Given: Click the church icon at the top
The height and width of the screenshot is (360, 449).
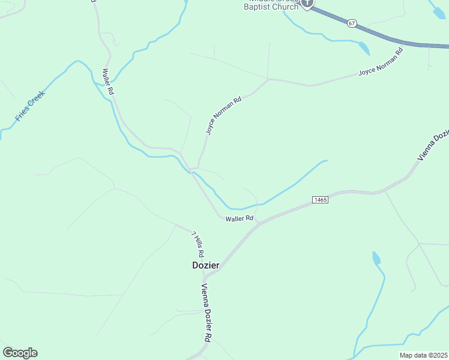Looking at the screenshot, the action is (x=307, y=4).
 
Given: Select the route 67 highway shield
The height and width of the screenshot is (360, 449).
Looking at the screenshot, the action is (x=352, y=23).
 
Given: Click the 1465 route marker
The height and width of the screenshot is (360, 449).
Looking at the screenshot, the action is (x=320, y=199).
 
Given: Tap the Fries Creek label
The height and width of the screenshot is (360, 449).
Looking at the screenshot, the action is (x=30, y=106).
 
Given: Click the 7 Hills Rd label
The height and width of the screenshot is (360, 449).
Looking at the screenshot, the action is (x=198, y=242).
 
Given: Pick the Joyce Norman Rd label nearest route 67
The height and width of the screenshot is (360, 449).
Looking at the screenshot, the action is (x=380, y=63).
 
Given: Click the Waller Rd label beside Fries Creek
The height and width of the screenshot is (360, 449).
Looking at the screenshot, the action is (x=108, y=82).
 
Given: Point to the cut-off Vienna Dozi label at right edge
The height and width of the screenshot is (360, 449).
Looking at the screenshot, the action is (x=433, y=144).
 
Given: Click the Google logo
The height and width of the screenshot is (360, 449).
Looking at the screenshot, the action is (x=20, y=353).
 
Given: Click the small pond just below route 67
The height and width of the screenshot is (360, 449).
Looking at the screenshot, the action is (x=364, y=49).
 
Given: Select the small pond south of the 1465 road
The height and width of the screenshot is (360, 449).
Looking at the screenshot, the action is (x=376, y=259).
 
